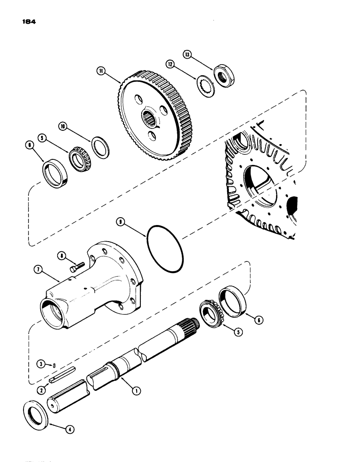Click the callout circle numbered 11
(x=100, y=71)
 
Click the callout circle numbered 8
(x=61, y=254)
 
